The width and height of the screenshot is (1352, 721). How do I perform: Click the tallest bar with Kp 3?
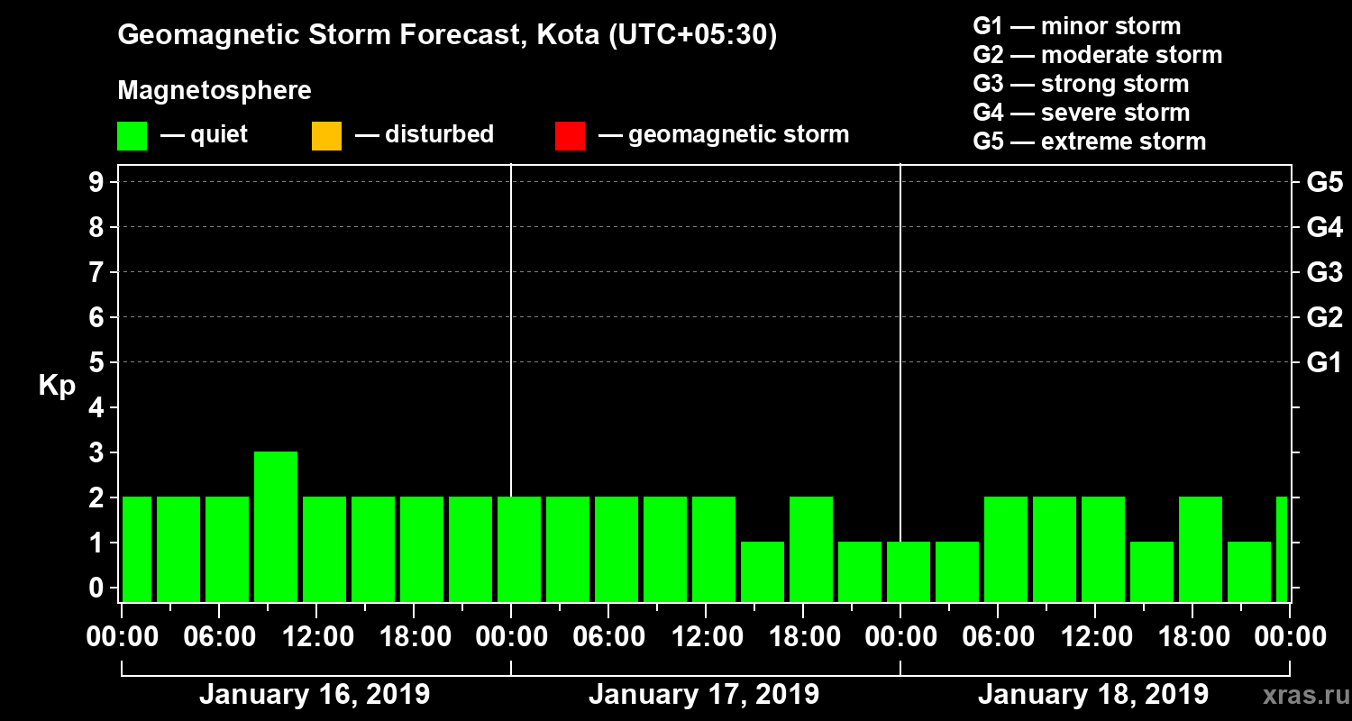[x=276, y=526]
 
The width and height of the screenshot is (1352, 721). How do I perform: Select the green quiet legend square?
[x=132, y=136]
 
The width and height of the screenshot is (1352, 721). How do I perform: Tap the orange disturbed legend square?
[x=326, y=136]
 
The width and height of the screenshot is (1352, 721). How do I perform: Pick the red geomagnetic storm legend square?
[x=570, y=136]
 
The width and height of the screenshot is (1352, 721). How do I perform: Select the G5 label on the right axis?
[x=1324, y=182]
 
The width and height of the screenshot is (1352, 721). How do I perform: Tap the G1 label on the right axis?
[x=1324, y=362]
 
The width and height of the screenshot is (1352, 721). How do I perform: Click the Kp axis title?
[x=57, y=385]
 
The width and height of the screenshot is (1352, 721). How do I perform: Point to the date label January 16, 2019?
[x=315, y=695]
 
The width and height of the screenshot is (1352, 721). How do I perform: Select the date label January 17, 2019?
[x=704, y=695]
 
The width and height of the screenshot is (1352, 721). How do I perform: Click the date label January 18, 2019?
[x=1093, y=695]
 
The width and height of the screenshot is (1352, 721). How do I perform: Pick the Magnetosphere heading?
[x=215, y=91]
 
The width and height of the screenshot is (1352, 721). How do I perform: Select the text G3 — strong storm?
[x=1081, y=84]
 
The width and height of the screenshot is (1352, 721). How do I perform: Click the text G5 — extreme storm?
[x=1089, y=141]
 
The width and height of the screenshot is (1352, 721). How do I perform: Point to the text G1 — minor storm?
[x=1076, y=26]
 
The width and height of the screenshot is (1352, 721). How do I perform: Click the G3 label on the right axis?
[x=1324, y=272]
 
